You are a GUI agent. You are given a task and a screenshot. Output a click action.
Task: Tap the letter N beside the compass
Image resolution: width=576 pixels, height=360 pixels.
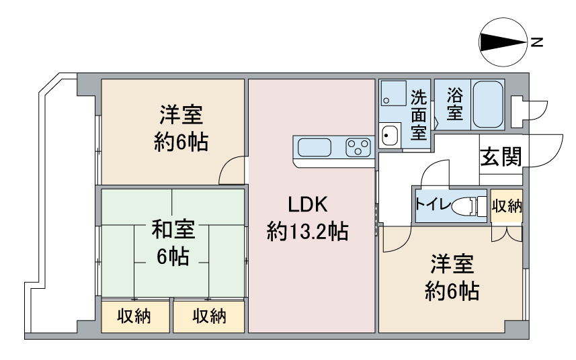click(x=537, y=42)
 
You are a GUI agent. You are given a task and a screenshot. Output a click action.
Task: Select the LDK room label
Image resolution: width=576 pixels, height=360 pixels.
click(x=308, y=204)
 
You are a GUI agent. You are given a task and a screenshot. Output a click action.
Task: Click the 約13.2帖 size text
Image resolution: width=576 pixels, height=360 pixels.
click(x=308, y=231)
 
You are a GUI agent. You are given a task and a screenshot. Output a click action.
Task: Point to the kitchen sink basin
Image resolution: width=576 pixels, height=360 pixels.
click(x=315, y=148)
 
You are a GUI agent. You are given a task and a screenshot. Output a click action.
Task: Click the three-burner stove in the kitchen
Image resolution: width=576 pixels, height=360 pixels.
click(x=358, y=148)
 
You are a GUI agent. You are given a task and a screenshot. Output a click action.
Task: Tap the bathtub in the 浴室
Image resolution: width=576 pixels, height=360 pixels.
click(x=487, y=104)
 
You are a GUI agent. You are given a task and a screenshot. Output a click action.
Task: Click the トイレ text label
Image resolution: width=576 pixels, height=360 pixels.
click(x=433, y=204)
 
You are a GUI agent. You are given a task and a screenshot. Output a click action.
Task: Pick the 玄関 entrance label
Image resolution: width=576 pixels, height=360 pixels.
click(x=501, y=156)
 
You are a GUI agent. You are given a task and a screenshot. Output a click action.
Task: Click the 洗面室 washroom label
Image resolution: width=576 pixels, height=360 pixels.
click(x=419, y=114)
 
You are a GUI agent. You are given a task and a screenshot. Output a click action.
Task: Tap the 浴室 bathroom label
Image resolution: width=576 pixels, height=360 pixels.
click(x=454, y=104)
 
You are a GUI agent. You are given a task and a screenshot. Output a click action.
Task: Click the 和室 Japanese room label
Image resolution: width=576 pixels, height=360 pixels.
click(x=173, y=229)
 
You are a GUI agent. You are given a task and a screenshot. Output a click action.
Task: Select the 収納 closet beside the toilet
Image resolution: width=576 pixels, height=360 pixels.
click(x=507, y=206)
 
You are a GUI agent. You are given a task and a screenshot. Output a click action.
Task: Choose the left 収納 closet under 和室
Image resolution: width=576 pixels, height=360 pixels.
click(x=135, y=317)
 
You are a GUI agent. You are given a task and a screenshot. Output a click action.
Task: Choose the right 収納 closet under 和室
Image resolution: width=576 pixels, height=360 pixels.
click(x=208, y=317)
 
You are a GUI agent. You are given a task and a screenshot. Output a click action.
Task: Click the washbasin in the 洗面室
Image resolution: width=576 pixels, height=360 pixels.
click(x=389, y=136)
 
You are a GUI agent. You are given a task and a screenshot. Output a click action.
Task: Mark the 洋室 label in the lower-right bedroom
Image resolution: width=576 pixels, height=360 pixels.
click(x=452, y=263)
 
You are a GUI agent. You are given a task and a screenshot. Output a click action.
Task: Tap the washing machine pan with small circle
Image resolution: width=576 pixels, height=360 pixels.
click(x=393, y=93)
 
